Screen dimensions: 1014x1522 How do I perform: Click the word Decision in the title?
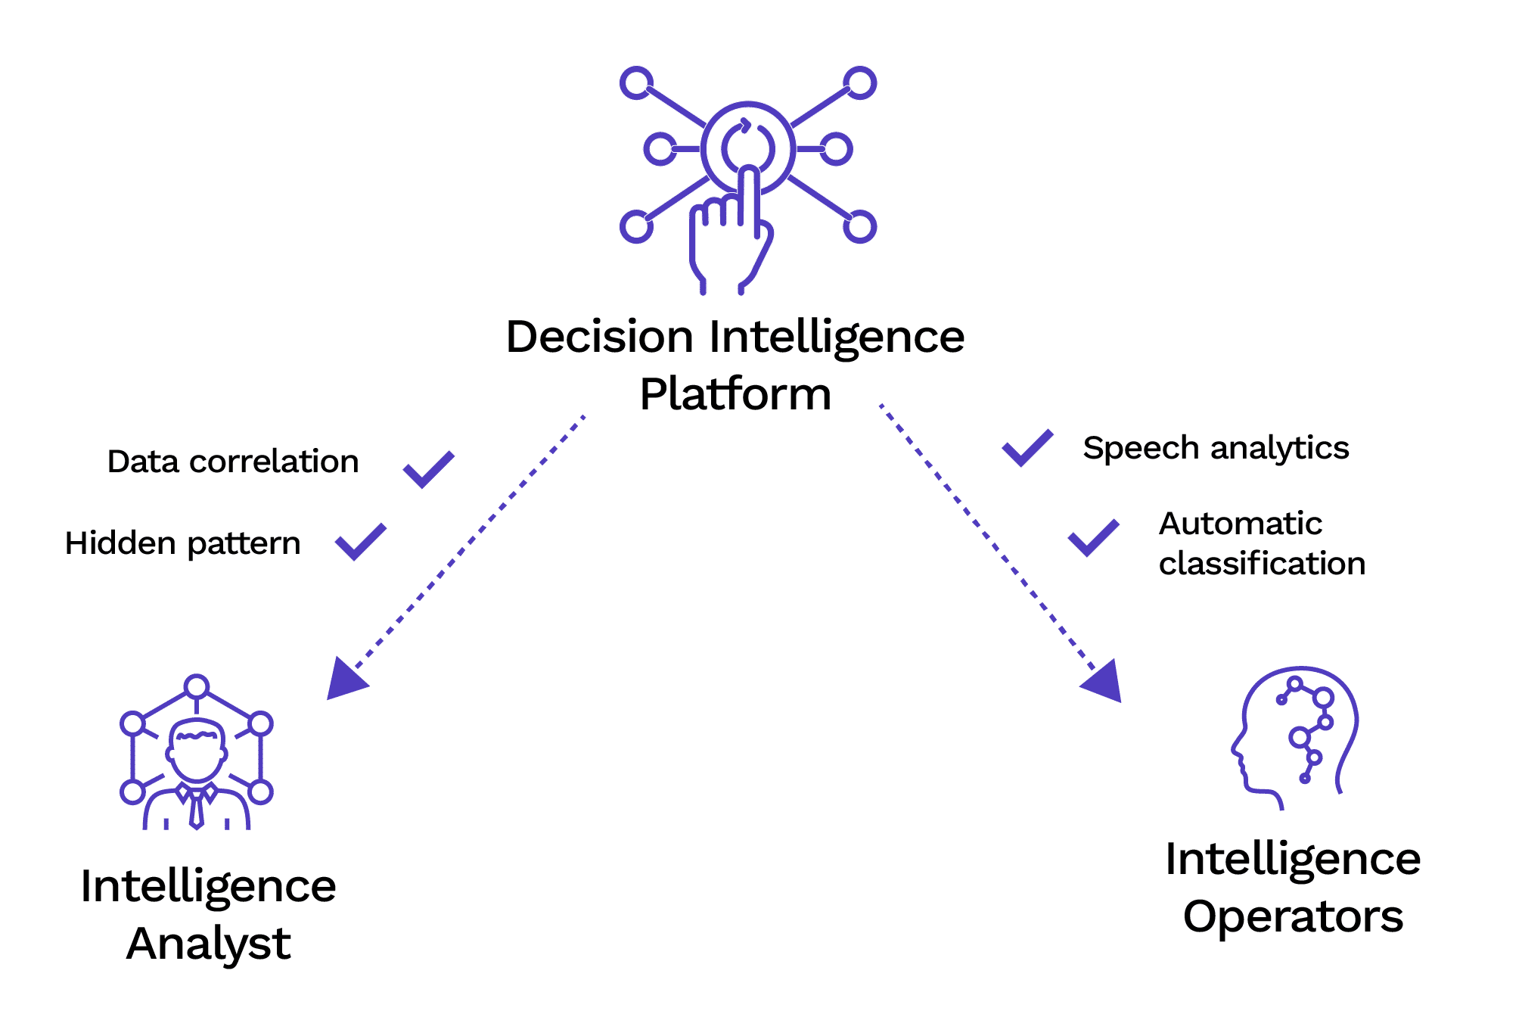[599, 337]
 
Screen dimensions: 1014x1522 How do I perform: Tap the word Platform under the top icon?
[735, 394]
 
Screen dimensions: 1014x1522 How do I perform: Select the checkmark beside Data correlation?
[428, 469]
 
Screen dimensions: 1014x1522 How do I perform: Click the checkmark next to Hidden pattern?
[360, 541]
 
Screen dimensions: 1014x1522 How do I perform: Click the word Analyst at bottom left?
[208, 944]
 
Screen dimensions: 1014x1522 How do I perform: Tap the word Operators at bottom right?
[1293, 916]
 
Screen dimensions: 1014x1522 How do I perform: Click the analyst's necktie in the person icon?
[197, 810]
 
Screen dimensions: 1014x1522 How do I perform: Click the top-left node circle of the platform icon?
[636, 82]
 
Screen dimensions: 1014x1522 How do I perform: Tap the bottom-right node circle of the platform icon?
[859, 226]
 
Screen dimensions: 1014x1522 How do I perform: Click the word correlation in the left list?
[274, 462]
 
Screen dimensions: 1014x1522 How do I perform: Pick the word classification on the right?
[1262, 564]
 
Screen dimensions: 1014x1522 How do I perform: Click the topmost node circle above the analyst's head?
[197, 686]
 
